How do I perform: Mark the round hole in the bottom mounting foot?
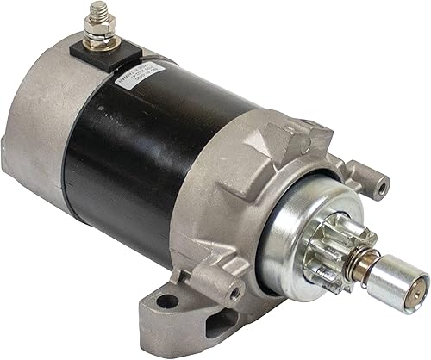(x=168, y=301)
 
